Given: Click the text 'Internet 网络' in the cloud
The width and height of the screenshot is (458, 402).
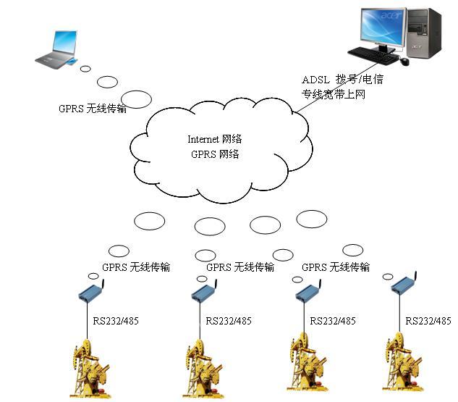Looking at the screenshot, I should [x=214, y=139].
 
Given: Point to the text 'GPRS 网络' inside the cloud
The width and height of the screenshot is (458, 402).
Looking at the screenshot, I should [x=215, y=154].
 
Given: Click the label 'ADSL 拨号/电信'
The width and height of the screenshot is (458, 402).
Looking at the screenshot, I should [x=342, y=80].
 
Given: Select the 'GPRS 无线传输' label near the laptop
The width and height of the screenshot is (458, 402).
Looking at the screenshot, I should [x=93, y=109].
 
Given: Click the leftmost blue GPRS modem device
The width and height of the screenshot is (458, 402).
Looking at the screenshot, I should [x=93, y=291].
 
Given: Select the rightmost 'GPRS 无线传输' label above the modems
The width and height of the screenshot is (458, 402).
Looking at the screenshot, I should [x=336, y=267].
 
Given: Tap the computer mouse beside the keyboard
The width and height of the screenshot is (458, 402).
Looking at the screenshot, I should [x=405, y=62].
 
